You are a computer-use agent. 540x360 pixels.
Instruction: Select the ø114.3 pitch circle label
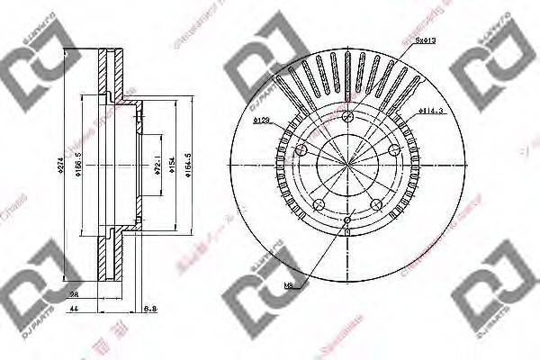[432, 112]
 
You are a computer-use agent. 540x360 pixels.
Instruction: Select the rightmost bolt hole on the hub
[392, 150]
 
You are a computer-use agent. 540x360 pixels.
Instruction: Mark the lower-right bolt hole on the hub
[375, 203]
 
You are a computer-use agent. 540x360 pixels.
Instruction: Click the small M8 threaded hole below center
[347, 219]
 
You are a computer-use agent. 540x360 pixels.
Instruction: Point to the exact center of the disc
[347, 165]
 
